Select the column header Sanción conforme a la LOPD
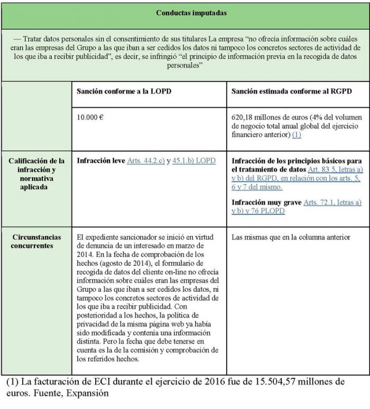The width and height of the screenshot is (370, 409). click(124, 91)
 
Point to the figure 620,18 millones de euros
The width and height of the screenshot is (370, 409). click(271, 117)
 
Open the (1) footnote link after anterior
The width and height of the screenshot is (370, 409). click(297, 135)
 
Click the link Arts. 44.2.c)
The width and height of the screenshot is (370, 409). click(145, 160)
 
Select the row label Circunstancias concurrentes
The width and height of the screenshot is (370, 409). click(37, 242)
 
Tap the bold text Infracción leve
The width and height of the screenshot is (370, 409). click(101, 160)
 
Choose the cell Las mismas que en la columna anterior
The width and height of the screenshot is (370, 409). click(291, 237)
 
